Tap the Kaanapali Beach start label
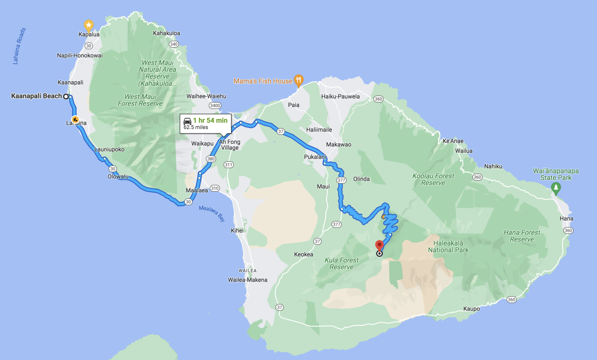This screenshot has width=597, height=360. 37,96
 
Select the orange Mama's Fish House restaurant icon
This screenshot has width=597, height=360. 298,80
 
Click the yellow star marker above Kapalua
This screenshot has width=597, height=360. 89,26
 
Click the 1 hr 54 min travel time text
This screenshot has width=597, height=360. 210,121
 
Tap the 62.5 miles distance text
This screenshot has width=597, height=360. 196,128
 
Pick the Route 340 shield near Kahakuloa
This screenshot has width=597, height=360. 174,44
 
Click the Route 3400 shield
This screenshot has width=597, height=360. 215,105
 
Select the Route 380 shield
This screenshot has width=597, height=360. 211,159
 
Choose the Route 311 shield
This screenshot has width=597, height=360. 229,165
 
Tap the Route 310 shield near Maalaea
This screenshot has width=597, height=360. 215,189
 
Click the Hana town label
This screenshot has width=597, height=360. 566,218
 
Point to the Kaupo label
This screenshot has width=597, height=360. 471,309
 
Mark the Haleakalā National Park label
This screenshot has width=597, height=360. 448,246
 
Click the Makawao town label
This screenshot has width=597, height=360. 339,145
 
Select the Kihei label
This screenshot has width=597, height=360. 237,231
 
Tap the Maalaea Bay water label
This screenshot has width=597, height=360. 212,213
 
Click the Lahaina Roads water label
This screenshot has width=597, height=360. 19,46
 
